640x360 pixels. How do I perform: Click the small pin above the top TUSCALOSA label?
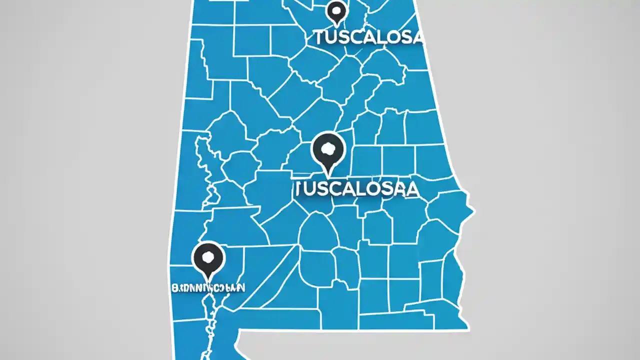(336, 12)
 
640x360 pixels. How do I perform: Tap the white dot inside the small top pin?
(336, 9)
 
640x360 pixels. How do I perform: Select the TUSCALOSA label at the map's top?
(368, 38)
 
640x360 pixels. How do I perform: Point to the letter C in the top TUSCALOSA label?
(358, 38)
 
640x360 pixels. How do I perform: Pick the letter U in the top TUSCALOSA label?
(330, 38)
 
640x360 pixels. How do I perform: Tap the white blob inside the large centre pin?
(328, 148)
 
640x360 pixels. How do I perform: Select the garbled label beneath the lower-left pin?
(208, 288)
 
